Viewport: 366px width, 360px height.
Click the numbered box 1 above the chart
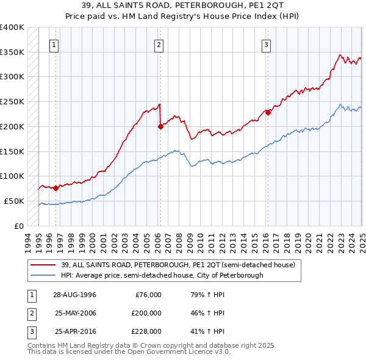(x=55, y=44)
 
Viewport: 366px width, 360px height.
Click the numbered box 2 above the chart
(x=159, y=44)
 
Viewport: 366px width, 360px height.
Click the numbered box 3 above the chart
(x=267, y=44)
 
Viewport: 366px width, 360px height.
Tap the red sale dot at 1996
(x=56, y=188)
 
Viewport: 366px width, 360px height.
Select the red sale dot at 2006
(x=160, y=127)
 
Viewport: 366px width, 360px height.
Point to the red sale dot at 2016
(x=268, y=112)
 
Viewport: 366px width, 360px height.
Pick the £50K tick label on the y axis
(x=15, y=201)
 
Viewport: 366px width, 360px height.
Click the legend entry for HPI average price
(x=162, y=275)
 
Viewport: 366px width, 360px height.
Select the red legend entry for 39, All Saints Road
(x=178, y=265)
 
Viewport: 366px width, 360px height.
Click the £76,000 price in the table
(x=148, y=295)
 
